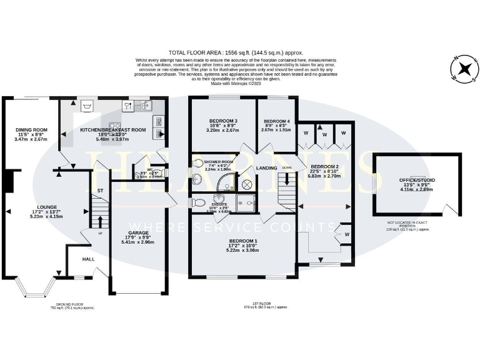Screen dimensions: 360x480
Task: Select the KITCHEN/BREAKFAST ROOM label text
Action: point(113,129)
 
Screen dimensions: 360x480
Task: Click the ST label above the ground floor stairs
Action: point(99,190)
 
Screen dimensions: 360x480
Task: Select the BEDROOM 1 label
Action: point(244,241)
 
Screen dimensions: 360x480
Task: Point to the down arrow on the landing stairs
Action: point(287,177)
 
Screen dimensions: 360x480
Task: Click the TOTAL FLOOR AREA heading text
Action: point(239,53)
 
